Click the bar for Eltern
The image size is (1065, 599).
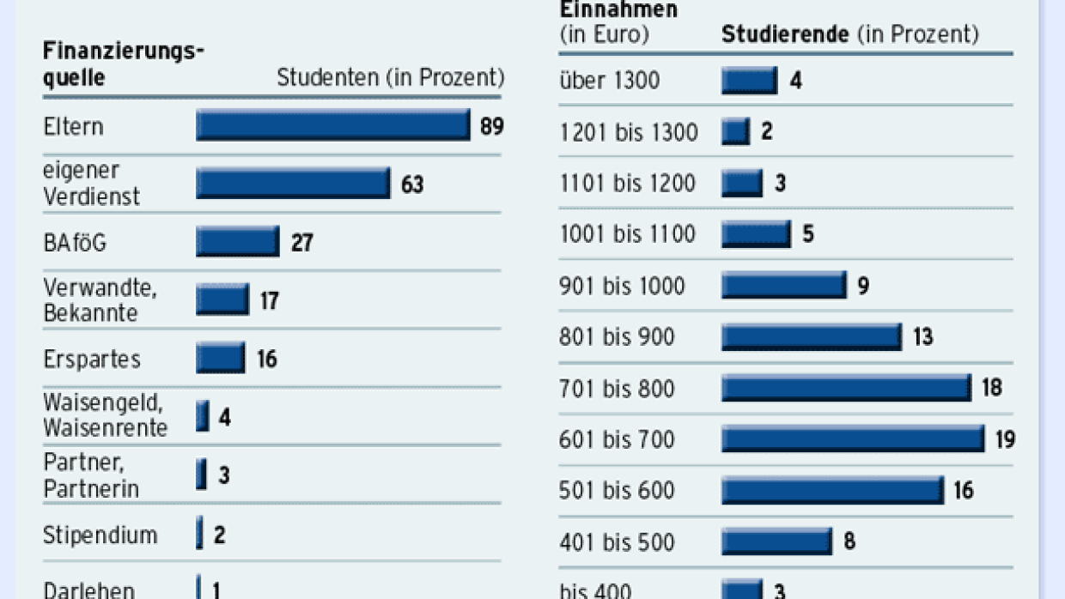(332, 125)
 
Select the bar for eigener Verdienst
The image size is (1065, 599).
(293, 184)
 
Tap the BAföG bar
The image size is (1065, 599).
(237, 241)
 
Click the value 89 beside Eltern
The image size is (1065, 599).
(492, 126)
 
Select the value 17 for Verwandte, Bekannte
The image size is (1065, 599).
(270, 301)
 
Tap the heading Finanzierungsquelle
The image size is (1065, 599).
(123, 64)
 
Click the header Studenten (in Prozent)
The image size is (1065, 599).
(390, 77)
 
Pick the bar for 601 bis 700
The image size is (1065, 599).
(852, 439)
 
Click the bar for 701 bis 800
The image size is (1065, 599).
(846, 388)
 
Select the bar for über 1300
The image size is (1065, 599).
(749, 81)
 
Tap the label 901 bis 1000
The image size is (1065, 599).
(622, 286)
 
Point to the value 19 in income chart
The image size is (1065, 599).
(1005, 440)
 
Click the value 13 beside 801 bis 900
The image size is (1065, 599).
(922, 336)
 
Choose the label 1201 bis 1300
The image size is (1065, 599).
(628, 132)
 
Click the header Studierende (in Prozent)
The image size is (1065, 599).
(849, 34)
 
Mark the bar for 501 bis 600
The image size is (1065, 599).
(832, 490)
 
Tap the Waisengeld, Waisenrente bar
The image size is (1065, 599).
(202, 417)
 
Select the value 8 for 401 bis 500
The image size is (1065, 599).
(849, 542)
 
